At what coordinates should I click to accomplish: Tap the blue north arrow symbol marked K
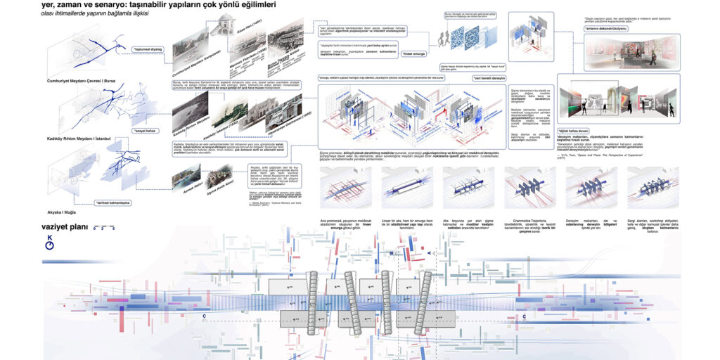coord(49,243)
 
